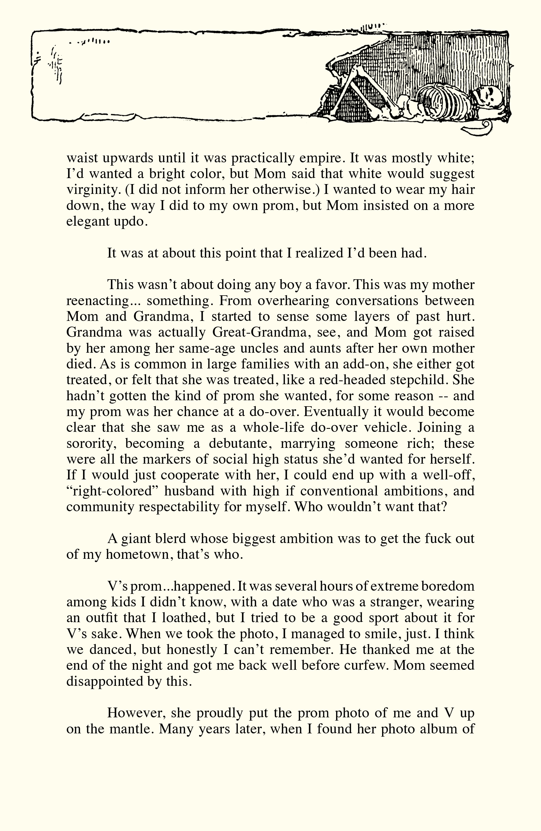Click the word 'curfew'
(x=365, y=665)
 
